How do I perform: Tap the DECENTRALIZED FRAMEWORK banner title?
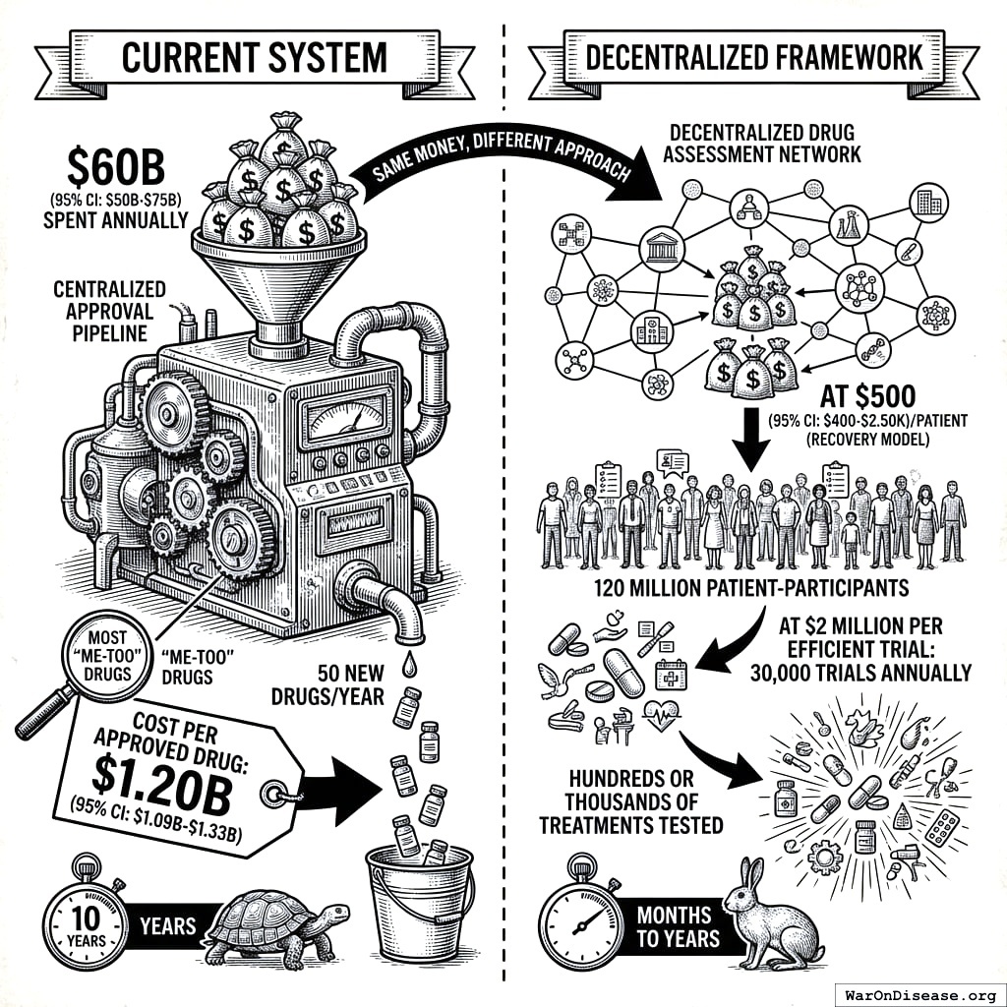click(754, 57)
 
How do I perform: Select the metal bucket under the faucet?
click(419, 901)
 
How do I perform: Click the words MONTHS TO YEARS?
click(674, 926)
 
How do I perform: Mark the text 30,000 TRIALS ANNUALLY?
click(860, 673)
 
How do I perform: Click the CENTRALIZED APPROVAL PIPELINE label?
click(110, 312)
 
